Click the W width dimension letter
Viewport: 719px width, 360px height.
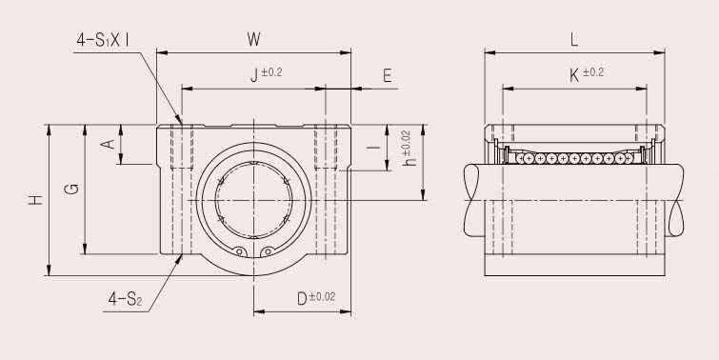pos(253,39)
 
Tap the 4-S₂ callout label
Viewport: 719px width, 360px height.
pos(124,301)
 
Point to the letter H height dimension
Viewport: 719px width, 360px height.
pos(35,200)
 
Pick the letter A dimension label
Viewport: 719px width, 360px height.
pos(109,144)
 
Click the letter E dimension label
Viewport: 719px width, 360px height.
pos(388,76)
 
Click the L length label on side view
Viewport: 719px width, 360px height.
pos(573,39)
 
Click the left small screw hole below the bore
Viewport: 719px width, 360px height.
pos(240,251)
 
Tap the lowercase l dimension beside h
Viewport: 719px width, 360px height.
pos(378,148)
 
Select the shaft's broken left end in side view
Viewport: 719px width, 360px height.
pos(473,201)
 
